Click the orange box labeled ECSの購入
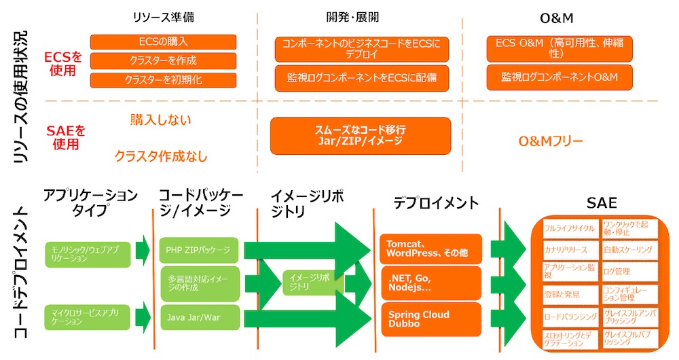pyautogui.click(x=163, y=42)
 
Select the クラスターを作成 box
pyautogui.click(x=163, y=60)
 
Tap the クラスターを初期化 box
pyautogui.click(x=163, y=79)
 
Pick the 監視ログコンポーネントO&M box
pyautogui.click(x=559, y=77)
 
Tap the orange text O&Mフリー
pyautogui.click(x=551, y=141)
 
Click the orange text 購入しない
pyautogui.click(x=161, y=120)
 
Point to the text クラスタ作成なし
pyautogui.click(x=161, y=157)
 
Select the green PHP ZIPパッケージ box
pyautogui.click(x=198, y=250)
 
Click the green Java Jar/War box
pyautogui.click(x=198, y=317)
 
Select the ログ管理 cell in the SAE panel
pyautogui.click(x=628, y=272)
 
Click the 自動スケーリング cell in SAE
pyautogui.click(x=628, y=250)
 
